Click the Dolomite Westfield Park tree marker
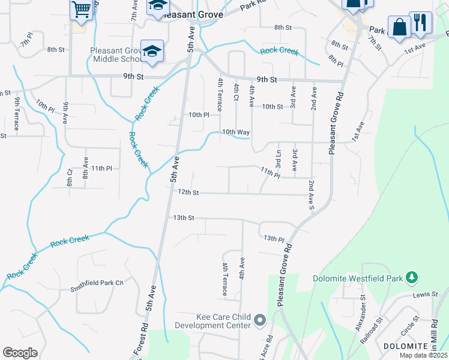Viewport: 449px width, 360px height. tap(411, 278)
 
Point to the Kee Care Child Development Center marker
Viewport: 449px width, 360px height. tap(260, 321)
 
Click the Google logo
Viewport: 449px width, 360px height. tap(20, 353)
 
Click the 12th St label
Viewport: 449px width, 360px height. tap(188, 193)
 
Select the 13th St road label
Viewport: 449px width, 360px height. tap(184, 217)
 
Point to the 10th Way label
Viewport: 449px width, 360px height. tap(235, 132)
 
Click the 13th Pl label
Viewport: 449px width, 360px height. tap(273, 238)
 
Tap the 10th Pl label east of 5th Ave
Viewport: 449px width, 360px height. tap(199, 115)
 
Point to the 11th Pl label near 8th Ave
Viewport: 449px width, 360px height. tap(101, 169)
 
